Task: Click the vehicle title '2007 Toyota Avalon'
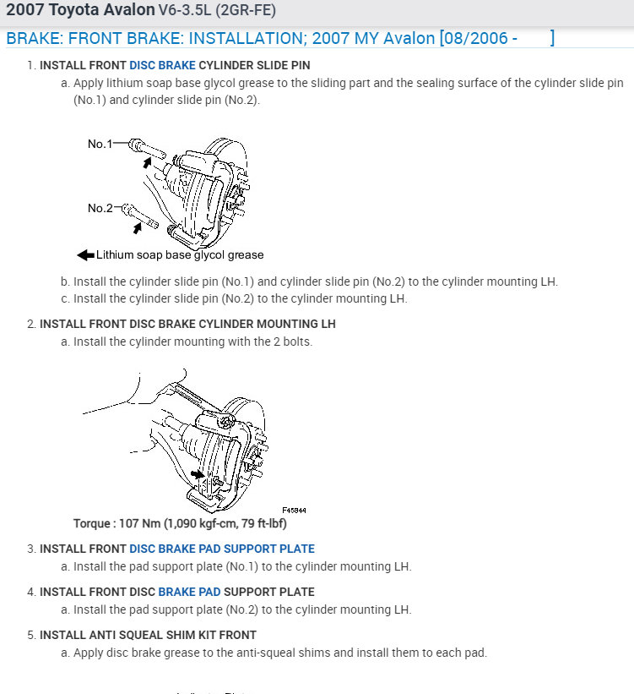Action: click(x=80, y=11)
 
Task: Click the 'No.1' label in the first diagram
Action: click(x=100, y=145)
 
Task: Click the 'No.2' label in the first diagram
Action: click(x=100, y=208)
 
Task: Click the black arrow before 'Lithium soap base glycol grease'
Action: click(x=85, y=254)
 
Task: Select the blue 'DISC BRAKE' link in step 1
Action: click(x=162, y=65)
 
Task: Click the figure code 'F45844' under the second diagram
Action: click(x=295, y=511)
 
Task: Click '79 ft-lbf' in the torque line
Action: click(x=259, y=523)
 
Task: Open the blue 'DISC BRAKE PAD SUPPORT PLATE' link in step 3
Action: click(x=221, y=549)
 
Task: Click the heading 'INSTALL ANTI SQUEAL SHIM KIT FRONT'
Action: click(x=148, y=635)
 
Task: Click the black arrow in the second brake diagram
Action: click(x=198, y=475)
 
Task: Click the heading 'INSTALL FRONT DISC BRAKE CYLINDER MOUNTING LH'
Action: click(x=187, y=324)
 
